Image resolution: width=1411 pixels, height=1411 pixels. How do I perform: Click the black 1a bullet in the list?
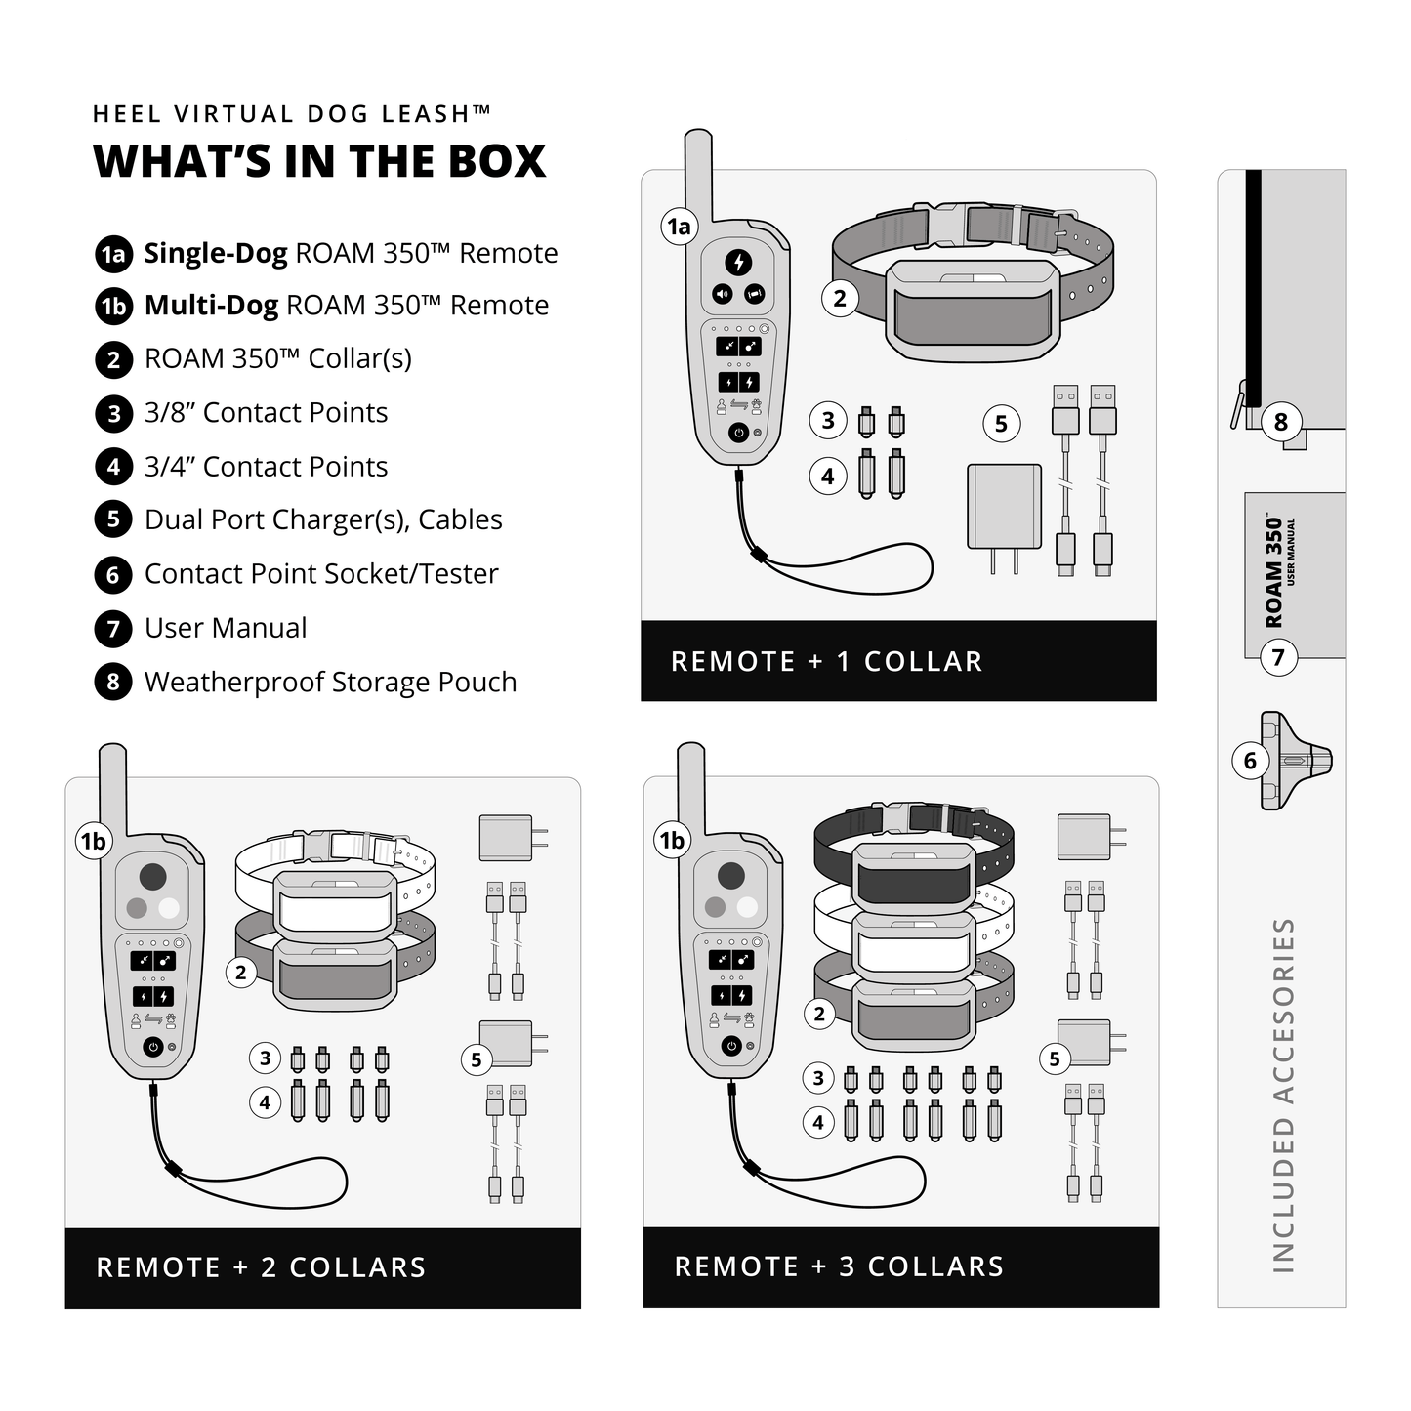pyautogui.click(x=113, y=254)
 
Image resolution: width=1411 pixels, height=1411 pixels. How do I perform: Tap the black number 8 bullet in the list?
pyautogui.click(x=113, y=682)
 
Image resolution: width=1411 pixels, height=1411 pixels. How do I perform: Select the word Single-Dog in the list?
pyautogui.click(x=216, y=254)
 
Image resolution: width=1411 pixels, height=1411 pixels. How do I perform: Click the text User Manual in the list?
pyautogui.click(x=226, y=628)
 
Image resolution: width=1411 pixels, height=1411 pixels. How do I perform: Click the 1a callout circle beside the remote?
pyautogui.click(x=679, y=227)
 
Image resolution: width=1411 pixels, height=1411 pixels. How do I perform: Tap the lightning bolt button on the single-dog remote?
pyautogui.click(x=738, y=262)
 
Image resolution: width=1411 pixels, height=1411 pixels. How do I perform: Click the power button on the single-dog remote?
pyautogui.click(x=738, y=432)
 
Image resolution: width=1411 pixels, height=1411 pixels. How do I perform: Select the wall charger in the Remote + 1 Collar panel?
pyautogui.click(x=1004, y=508)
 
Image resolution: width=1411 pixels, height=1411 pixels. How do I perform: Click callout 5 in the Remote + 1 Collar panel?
pyautogui.click(x=1001, y=424)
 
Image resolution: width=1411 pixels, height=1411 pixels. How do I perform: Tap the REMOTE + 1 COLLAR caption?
pyautogui.click(x=826, y=661)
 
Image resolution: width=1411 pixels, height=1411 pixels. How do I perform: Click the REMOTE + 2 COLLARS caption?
pyautogui.click(x=261, y=1267)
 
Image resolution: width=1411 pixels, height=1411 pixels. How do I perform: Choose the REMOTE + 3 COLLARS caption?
pyautogui.click(x=839, y=1266)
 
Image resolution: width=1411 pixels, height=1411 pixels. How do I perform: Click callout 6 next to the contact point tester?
pyautogui.click(x=1250, y=761)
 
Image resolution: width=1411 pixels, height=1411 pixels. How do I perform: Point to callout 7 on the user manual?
pyautogui.click(x=1278, y=657)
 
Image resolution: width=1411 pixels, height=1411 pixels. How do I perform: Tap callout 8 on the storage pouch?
pyautogui.click(x=1281, y=422)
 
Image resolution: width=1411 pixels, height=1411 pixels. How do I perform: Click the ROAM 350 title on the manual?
pyautogui.click(x=1273, y=573)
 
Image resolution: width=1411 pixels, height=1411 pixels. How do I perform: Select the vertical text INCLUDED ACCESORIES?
pyautogui.click(x=1282, y=1095)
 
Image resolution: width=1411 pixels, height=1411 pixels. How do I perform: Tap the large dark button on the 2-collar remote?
pyautogui.click(x=152, y=876)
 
